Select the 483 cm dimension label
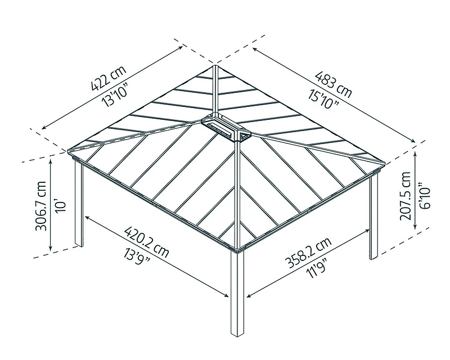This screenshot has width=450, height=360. pyautogui.click(x=334, y=84)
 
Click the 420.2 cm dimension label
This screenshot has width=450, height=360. pyautogui.click(x=146, y=240)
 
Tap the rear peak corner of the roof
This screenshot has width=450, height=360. pyautogui.click(x=215, y=66)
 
